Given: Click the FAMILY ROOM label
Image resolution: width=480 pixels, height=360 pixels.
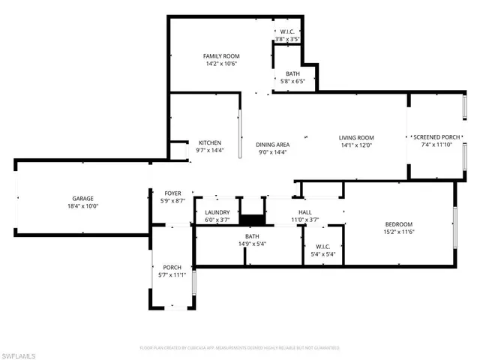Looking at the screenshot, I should [x=221, y=56].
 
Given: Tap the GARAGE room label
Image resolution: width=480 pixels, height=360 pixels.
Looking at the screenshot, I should [x=82, y=199].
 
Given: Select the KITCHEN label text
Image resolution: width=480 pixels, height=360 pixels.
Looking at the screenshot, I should [x=209, y=143].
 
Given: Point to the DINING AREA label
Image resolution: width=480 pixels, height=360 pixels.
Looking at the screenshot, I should [x=272, y=145].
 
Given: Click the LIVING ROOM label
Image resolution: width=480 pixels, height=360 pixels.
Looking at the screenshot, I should [x=356, y=138].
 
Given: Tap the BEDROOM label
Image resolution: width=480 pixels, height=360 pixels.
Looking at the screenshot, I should [x=399, y=224].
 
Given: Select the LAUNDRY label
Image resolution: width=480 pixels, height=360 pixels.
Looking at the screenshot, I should [x=217, y=213].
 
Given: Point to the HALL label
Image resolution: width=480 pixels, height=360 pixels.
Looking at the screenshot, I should [x=305, y=213].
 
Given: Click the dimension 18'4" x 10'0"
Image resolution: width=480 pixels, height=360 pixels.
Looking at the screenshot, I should [x=82, y=206].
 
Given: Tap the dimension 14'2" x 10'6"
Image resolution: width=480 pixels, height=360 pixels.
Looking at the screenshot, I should [x=221, y=64].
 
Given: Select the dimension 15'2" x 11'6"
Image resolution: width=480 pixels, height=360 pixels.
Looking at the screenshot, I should [x=399, y=232].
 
